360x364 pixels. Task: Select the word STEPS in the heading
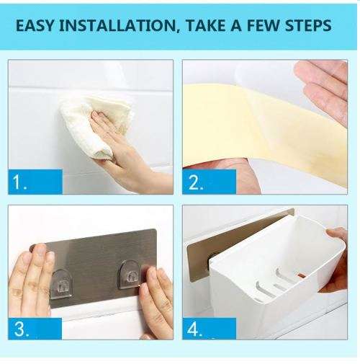(x=305, y=26)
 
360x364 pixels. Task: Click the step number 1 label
(x=20, y=183)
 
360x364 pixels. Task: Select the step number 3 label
(x=22, y=330)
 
